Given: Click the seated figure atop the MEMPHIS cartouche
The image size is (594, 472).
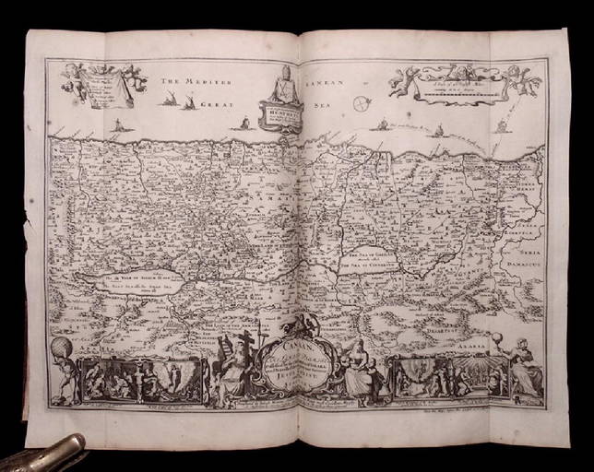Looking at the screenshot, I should [x=284, y=86].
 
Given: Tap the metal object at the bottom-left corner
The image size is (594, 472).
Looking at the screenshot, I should [x=42, y=454].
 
